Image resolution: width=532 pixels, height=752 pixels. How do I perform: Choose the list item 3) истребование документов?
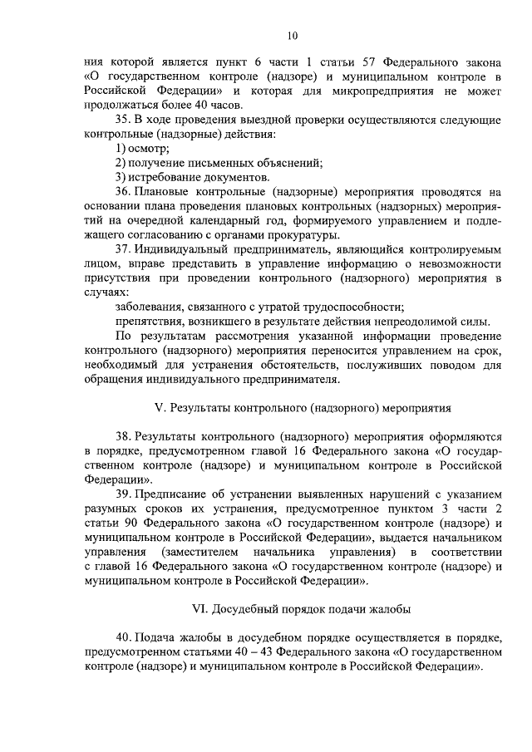pyautogui.click(x=192, y=178)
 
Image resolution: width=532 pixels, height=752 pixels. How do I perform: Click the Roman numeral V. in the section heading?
pyautogui.click(x=160, y=408)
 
